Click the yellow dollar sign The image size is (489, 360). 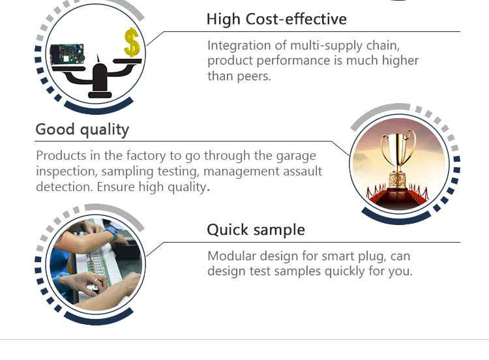[x=132, y=42]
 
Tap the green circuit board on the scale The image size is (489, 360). [x=67, y=54]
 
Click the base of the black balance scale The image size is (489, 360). [x=100, y=94]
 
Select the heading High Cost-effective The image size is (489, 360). [x=276, y=19]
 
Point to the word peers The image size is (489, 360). [x=254, y=76]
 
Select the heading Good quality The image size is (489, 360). [x=82, y=130]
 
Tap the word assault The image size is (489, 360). [x=302, y=171]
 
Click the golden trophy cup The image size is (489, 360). [x=398, y=159]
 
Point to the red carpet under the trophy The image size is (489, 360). [x=398, y=198]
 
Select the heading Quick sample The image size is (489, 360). [x=256, y=230]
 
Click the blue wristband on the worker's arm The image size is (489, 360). [x=111, y=233]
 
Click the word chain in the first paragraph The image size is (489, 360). [x=383, y=46]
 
